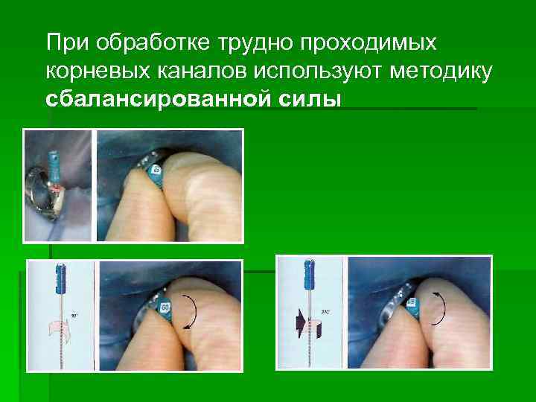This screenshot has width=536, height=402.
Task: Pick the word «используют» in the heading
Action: [x=314, y=72]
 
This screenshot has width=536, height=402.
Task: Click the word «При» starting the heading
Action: [x=63, y=43]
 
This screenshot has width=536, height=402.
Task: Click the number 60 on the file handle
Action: [x=165, y=306]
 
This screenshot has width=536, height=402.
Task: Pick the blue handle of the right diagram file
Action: [x=307, y=280]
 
